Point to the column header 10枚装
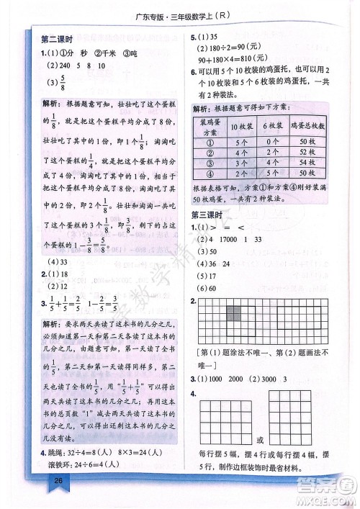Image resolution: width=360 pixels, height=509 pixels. pyautogui.click(x=238, y=126)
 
